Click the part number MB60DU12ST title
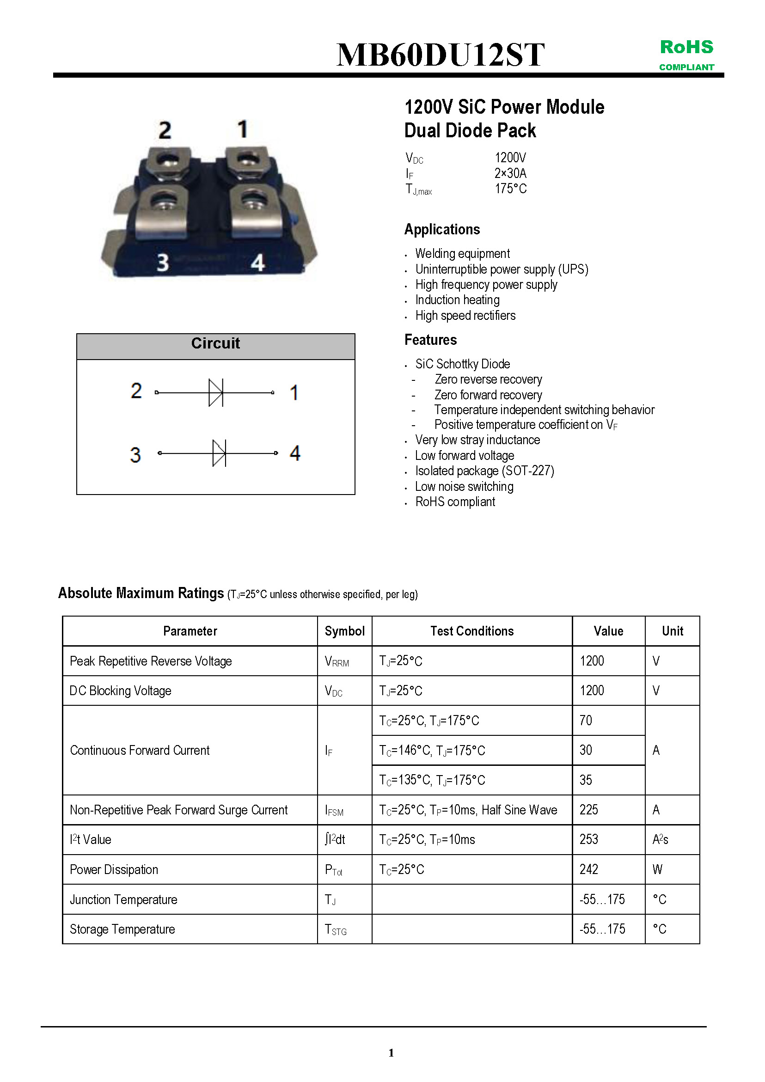[440, 55]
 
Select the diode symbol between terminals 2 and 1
[216, 392]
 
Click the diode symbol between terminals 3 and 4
[219, 453]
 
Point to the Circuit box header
[215, 343]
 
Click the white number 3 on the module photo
[163, 262]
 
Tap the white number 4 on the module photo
[257, 263]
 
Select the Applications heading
[441, 230]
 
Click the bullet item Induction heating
[457, 300]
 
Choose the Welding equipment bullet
[462, 254]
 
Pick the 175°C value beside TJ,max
[510, 189]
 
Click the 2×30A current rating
[510, 173]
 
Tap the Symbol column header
[344, 631]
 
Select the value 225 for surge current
[589, 810]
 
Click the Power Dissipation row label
[114, 869]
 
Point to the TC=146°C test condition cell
[432, 750]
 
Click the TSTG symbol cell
[336, 929]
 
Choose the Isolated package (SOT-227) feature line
[484, 471]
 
